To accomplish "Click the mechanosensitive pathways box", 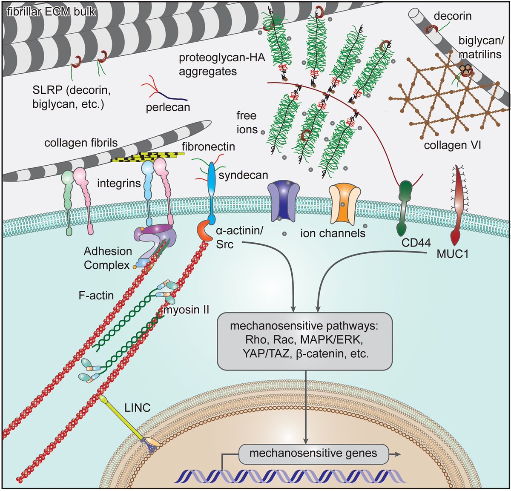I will click(304, 341).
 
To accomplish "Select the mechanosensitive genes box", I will click(313, 454).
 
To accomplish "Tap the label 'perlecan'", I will click(168, 107).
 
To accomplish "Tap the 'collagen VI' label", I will click(452, 146).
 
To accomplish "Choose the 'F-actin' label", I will click(96, 295).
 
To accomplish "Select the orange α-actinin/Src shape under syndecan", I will click(204, 230).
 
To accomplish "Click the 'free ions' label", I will click(247, 122).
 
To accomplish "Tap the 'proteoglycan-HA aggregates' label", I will click(221, 64).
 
